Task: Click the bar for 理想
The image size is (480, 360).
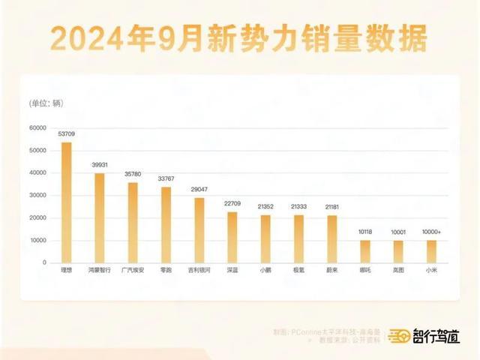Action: [x=66, y=202]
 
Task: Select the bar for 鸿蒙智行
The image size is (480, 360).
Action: [x=99, y=218]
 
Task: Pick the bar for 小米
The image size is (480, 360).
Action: [x=431, y=252]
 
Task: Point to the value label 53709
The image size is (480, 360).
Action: [x=66, y=135]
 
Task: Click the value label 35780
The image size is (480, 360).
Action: [x=133, y=174]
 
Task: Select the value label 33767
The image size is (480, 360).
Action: [x=166, y=179]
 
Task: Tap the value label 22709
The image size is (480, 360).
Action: [x=232, y=204]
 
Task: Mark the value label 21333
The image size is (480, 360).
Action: [x=298, y=207]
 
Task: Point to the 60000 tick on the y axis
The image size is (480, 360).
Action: [x=37, y=127]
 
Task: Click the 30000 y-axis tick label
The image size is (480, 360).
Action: [x=37, y=195]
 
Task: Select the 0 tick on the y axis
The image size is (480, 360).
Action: [x=45, y=263]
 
